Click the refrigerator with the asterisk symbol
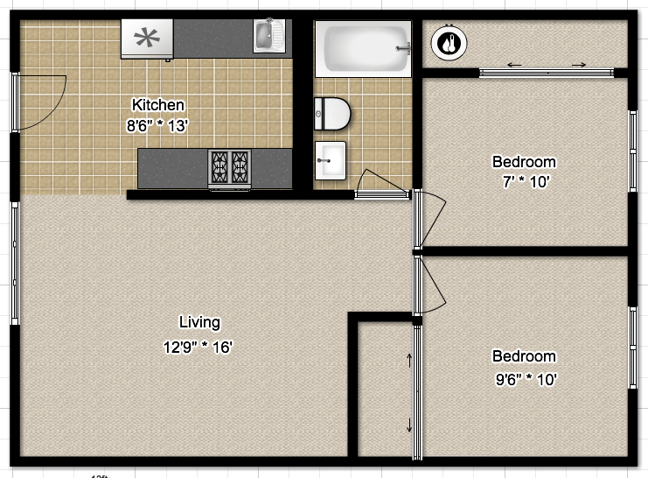click(x=147, y=38)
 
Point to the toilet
click(x=332, y=113)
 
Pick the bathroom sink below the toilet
click(x=331, y=158)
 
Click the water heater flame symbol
click(x=448, y=42)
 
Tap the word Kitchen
click(x=157, y=105)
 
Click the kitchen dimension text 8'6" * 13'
click(x=157, y=125)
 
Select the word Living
click(x=199, y=321)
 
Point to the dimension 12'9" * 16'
click(x=198, y=347)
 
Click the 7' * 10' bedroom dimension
click(x=524, y=182)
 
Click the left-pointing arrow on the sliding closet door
click(x=514, y=65)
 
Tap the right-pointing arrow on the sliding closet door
click(x=579, y=65)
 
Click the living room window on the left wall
click(x=13, y=263)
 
